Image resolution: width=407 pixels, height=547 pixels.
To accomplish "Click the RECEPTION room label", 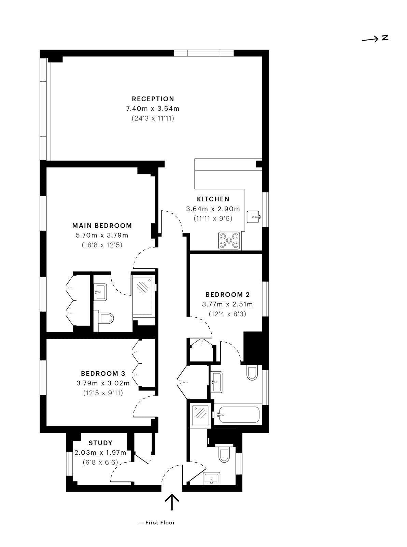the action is pos(153,99).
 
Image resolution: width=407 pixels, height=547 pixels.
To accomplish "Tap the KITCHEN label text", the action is pos(213,199).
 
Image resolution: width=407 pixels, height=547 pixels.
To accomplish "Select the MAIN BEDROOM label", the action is pos(102,225).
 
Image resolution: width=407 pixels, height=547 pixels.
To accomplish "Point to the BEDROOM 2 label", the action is pos(227,294).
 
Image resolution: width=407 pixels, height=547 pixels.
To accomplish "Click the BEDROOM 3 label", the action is pos(103,373).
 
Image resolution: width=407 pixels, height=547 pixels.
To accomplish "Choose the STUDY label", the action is pos(100,443).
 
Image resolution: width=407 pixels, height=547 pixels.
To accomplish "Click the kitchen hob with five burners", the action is pos(229,240).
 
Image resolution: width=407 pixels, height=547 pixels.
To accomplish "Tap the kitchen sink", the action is pos(253,216).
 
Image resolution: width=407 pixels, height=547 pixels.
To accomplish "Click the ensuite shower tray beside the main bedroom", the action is pos(143,296).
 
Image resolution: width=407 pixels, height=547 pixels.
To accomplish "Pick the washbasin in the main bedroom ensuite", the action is pos(100,292).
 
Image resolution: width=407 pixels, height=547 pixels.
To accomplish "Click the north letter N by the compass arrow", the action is pos(385,38).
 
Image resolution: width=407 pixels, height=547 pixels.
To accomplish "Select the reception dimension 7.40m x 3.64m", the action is pos(153,108).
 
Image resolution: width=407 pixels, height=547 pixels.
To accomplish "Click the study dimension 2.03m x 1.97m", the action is pos(100,453).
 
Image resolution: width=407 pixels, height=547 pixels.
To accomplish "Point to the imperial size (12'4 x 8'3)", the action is pos(227,314).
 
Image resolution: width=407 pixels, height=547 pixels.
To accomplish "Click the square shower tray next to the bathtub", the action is pos(201,415).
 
